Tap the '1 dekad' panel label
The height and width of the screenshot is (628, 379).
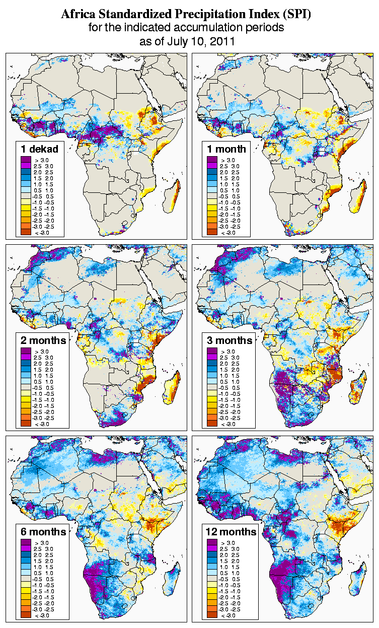40,149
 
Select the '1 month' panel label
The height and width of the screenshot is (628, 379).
226,149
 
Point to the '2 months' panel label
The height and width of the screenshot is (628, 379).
43,340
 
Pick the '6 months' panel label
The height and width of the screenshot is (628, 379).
43,531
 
